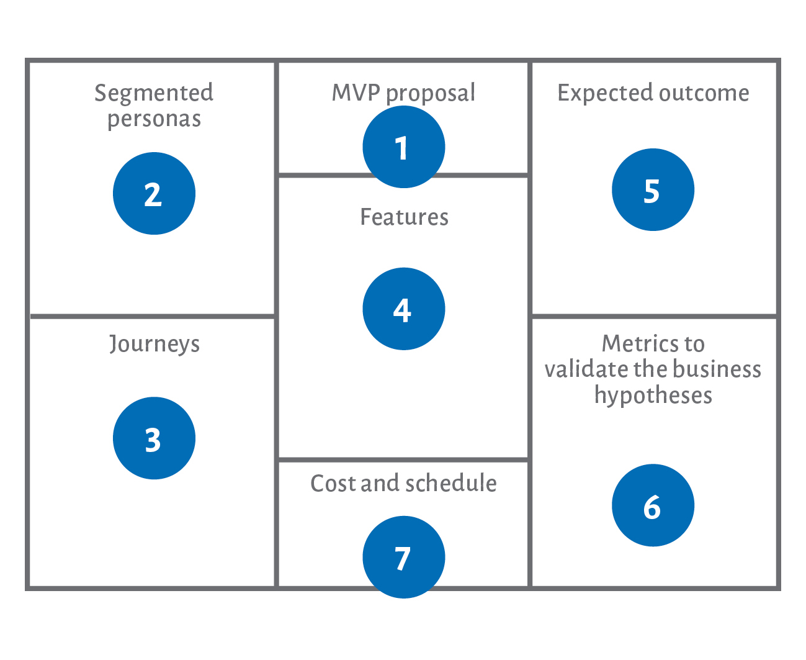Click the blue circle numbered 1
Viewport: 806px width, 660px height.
point(403,147)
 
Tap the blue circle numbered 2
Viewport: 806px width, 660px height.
point(154,194)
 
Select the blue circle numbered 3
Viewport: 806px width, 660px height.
point(154,438)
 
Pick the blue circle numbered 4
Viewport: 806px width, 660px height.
point(403,309)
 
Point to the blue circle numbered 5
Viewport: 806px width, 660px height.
point(653,189)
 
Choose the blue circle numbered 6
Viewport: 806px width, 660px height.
point(653,505)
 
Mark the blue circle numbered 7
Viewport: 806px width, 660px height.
point(403,558)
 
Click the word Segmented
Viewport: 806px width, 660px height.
point(154,94)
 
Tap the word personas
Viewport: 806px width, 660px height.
point(154,120)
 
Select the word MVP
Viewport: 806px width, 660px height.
point(356,93)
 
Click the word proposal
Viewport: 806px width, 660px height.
point(431,94)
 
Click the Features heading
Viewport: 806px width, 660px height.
point(405,217)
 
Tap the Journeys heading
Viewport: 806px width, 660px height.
point(154,345)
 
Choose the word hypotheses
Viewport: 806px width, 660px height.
point(653,396)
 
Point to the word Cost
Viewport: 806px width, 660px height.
point(333,483)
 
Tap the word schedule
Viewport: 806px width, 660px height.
point(451,482)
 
